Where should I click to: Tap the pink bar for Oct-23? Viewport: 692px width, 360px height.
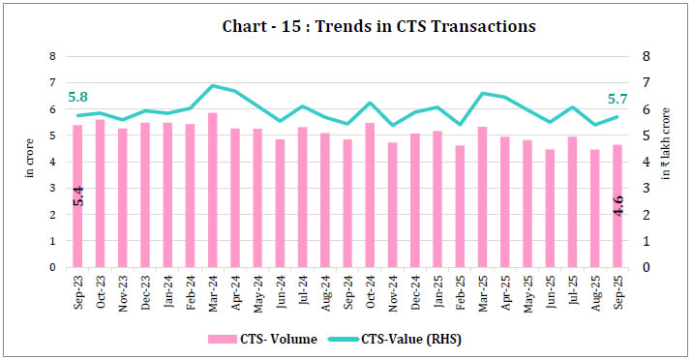point(100,194)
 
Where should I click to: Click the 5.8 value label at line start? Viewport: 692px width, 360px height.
point(78,97)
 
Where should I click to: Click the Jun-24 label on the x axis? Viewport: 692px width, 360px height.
point(280,288)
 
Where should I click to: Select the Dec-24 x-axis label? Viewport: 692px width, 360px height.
point(414,288)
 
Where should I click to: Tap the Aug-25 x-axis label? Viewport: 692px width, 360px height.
point(594,288)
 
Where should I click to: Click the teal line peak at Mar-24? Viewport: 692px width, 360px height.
point(212,86)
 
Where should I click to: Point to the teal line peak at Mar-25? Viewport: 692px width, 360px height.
point(482,93)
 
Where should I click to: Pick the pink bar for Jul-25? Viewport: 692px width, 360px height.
point(572,202)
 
